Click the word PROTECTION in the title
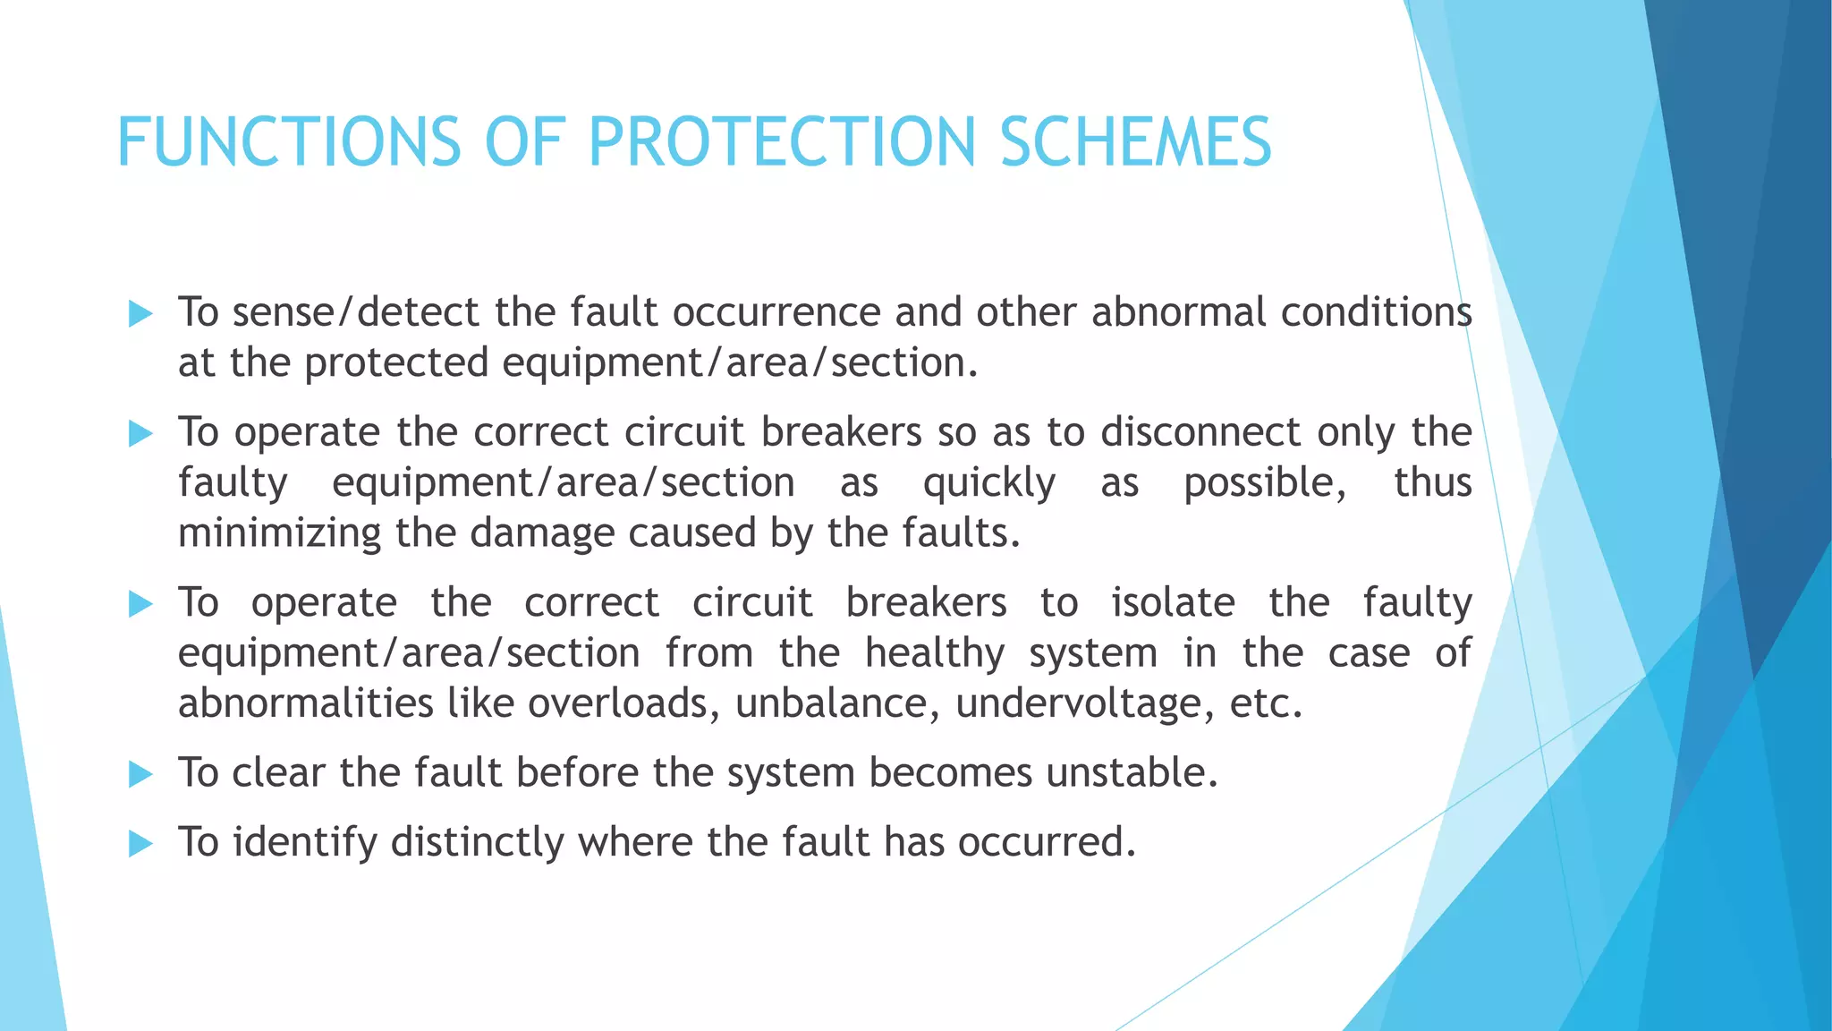(x=781, y=142)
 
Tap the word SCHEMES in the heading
(x=1135, y=142)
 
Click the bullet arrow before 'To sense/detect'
(x=140, y=313)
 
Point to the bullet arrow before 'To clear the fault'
(x=140, y=773)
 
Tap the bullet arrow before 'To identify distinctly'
(x=140, y=843)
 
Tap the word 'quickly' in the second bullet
(x=988, y=483)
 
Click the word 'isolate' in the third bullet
(x=1173, y=602)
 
